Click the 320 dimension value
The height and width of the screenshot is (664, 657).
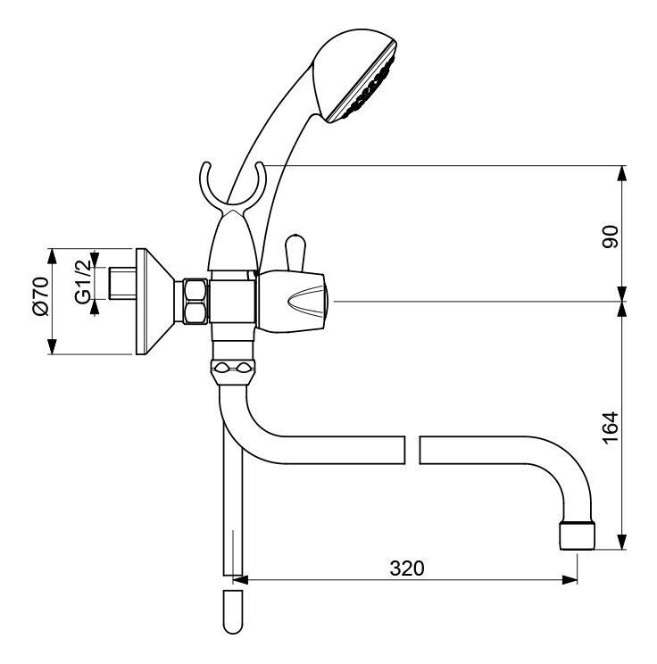click(406, 569)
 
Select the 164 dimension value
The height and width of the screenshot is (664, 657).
click(611, 427)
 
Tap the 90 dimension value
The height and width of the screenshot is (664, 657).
click(611, 237)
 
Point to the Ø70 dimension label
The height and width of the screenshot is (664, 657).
click(41, 296)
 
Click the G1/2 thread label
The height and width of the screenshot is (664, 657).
click(83, 282)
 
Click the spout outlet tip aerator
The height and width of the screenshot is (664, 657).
click(577, 536)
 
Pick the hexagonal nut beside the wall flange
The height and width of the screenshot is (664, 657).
click(195, 301)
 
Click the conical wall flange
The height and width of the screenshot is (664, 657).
click(154, 301)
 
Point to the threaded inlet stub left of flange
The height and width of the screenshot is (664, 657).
click(122, 283)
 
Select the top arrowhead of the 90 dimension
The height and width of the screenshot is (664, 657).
click(621, 173)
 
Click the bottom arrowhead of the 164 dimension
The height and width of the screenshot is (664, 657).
click(621, 542)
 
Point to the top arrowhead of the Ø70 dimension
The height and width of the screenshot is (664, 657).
click(52, 257)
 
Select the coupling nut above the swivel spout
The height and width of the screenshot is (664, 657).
click(233, 371)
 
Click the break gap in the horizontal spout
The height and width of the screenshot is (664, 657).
click(412, 450)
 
